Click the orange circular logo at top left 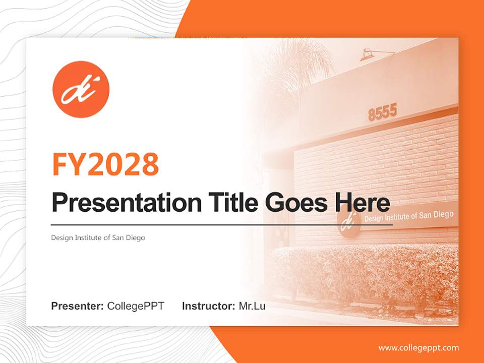point(81,89)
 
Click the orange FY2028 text point(105,164)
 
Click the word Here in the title point(362,203)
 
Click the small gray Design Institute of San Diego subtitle point(98,237)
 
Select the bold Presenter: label point(78,306)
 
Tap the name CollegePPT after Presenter point(136,306)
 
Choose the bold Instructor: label point(208,306)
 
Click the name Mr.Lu point(252,306)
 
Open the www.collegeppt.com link point(418,348)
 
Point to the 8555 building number point(383,112)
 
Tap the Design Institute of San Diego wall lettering point(408,216)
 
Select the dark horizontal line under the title point(222,224)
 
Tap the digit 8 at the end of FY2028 point(150,164)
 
